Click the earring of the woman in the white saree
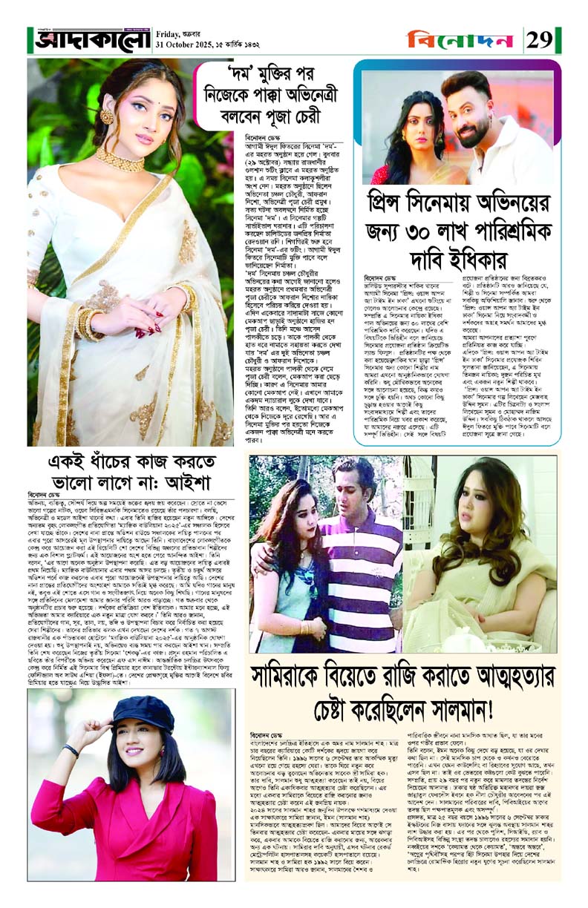pos(106,117)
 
